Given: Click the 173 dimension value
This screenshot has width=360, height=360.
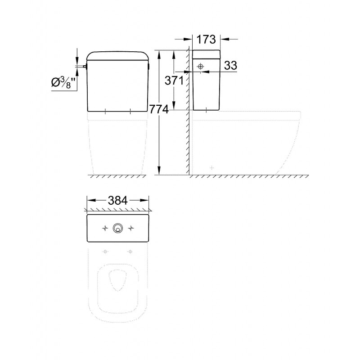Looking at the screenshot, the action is point(206,39).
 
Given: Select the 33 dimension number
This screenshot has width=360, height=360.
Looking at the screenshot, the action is point(230,65).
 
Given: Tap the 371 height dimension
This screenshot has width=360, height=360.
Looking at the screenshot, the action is point(174,81).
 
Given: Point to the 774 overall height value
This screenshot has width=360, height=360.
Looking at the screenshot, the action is point(159,109).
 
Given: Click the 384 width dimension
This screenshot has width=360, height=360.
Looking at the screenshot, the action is point(117,201).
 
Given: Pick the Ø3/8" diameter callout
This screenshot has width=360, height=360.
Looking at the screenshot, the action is point(63,83).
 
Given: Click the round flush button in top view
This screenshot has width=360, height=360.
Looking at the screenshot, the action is point(118,228).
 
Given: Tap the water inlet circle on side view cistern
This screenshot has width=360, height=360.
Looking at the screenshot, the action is point(201,67).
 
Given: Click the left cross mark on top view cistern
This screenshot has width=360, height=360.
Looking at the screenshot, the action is point(105,229).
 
